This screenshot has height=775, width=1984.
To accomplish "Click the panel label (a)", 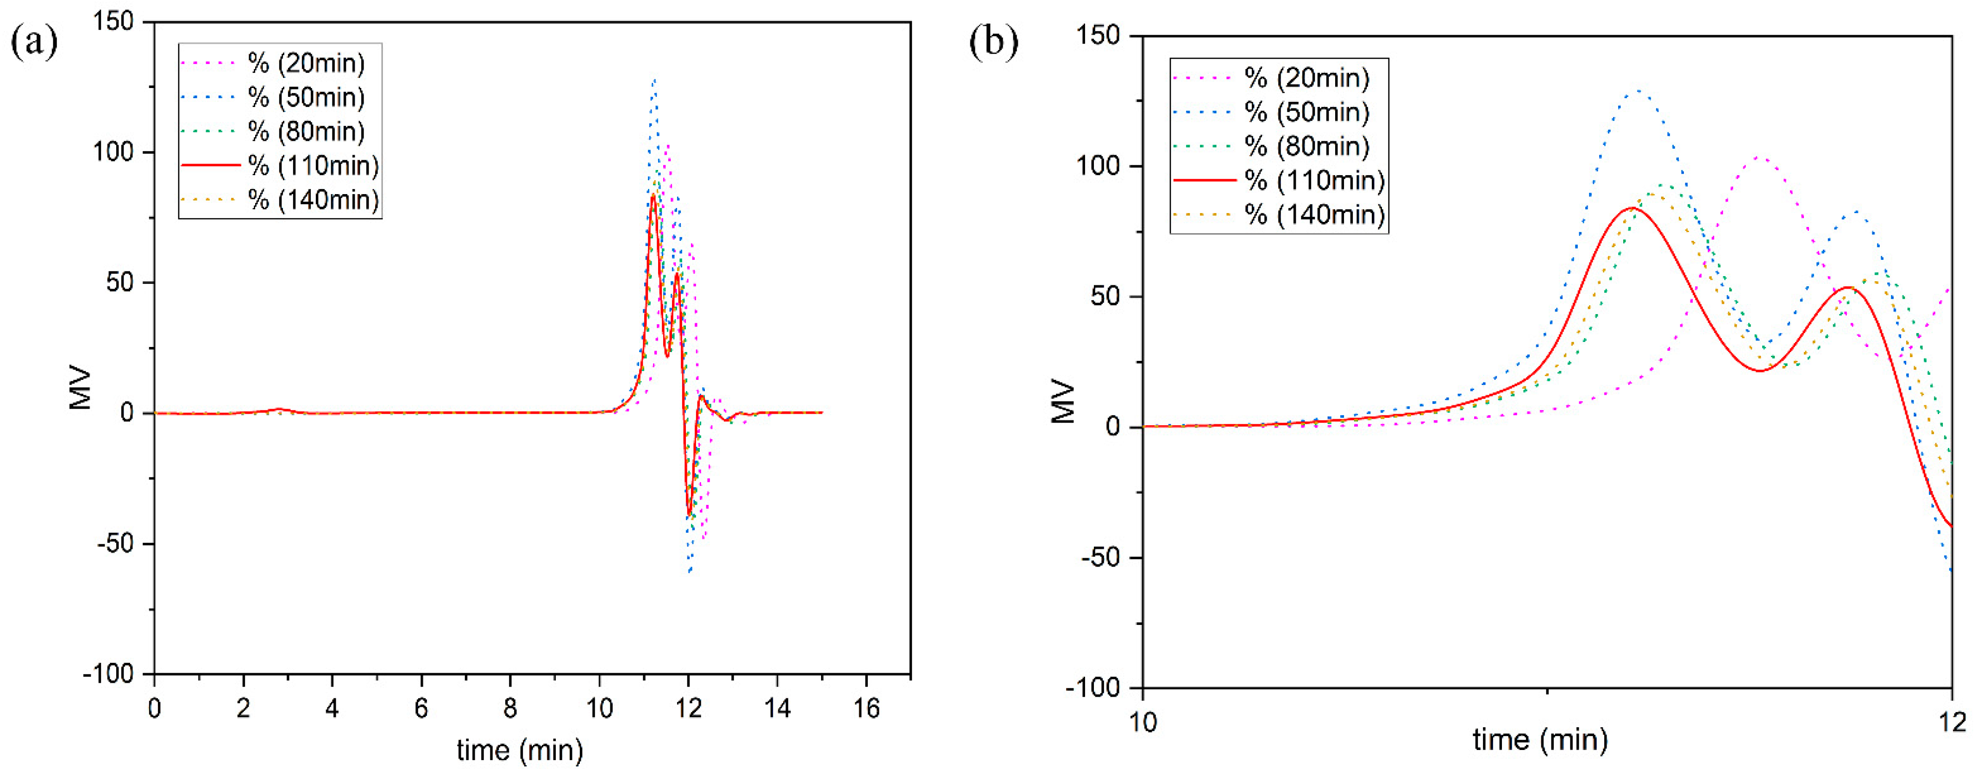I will (x=34, y=42).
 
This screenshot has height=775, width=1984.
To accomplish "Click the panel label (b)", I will (x=993, y=42).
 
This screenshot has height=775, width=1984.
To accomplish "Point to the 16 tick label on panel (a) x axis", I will (x=866, y=708).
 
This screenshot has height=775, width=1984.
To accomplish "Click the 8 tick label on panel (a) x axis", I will (x=510, y=708).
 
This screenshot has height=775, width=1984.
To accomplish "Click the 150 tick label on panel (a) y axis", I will (x=113, y=22).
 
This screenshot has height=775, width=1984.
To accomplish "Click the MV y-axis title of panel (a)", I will (x=80, y=389).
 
